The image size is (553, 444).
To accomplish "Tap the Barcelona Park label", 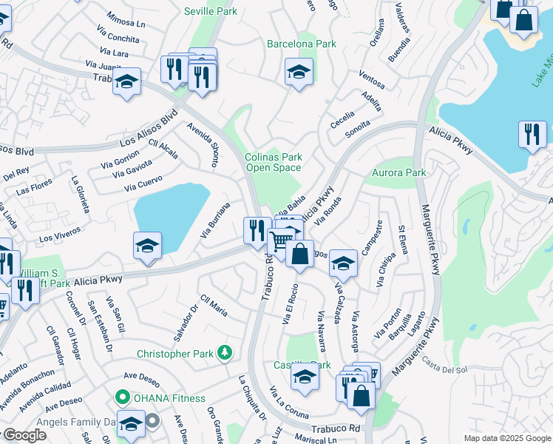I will (302, 44).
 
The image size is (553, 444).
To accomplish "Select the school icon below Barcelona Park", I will (299, 73).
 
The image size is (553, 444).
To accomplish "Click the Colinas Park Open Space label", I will (274, 162).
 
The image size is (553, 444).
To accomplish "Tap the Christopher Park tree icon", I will (225, 354).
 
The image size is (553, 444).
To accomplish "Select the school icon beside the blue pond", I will (147, 246).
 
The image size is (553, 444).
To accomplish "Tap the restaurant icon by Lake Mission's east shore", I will (532, 135).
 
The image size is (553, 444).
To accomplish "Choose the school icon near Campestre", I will (343, 263).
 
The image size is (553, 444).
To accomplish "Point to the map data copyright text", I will (507, 438).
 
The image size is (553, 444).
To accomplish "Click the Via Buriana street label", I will (216, 220).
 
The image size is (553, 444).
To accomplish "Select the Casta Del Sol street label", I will (445, 365).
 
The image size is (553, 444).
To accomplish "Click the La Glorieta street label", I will (80, 193).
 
